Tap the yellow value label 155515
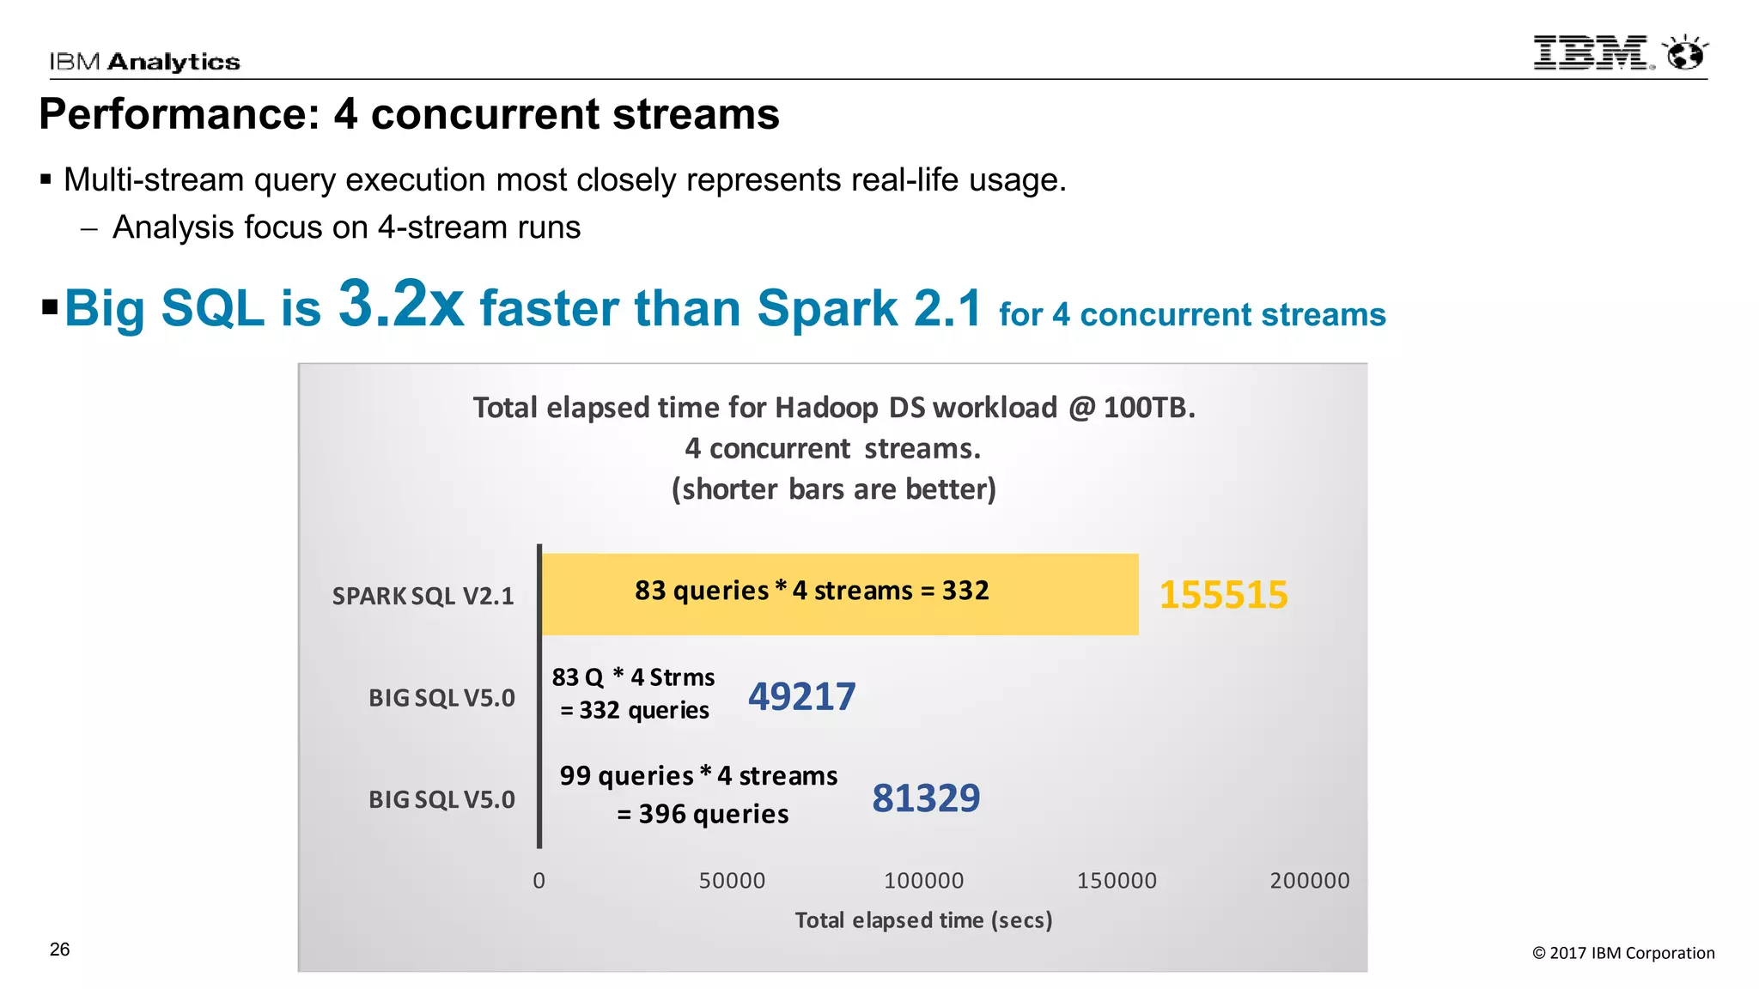[1223, 595]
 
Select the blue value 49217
[801, 696]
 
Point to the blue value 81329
[926, 798]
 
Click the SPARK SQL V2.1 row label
[423, 596]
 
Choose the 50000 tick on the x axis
[732, 881]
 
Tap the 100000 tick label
[923, 881]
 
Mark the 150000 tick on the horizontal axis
[1117, 881]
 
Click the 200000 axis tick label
[1309, 881]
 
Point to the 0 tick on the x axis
[539, 881]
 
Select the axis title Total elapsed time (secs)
[923, 920]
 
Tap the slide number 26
[59, 950]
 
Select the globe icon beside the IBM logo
[1685, 53]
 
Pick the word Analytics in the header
[173, 62]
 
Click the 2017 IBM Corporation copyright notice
[1623, 953]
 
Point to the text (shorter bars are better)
[833, 489]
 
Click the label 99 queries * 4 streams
[698, 776]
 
